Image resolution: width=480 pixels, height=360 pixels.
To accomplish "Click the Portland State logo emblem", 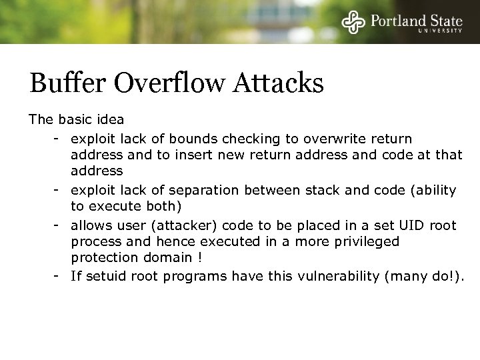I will [x=353, y=21].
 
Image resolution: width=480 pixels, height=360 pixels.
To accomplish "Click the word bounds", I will [x=187, y=139].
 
